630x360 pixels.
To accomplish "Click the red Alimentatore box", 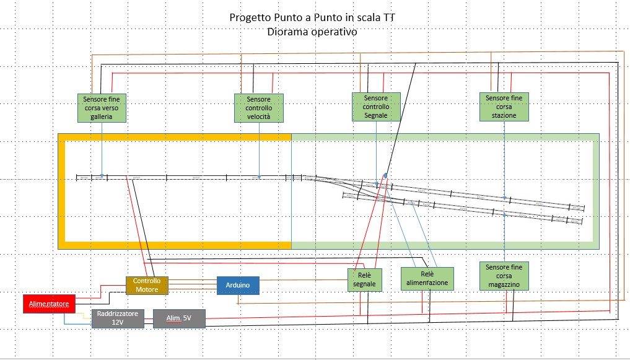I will tap(50, 304).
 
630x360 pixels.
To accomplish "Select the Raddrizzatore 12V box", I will tap(118, 318).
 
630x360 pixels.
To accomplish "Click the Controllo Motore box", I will tap(147, 285).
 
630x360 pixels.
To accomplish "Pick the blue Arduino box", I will tap(238, 285).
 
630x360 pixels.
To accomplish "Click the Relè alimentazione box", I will tap(427, 278).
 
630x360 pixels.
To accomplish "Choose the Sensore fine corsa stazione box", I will tap(504, 107).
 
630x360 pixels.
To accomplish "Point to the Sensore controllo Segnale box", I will tap(376, 107).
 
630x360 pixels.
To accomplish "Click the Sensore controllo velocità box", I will tap(258, 108).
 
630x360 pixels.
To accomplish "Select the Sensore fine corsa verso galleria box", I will tap(102, 108).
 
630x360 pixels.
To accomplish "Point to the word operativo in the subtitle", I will tap(335, 32).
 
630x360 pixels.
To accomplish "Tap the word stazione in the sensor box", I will tap(504, 115).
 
